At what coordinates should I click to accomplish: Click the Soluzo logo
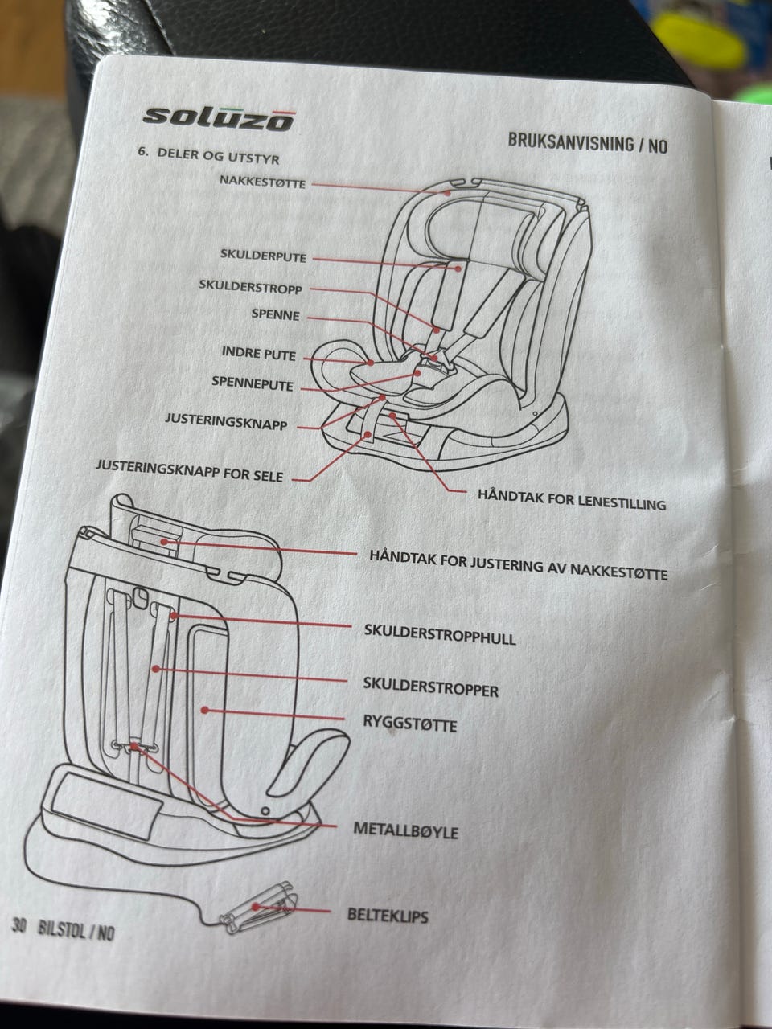218,116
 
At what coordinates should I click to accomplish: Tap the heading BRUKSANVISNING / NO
587,144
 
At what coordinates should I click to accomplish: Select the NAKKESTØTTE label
263,182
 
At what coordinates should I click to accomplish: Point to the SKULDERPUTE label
263,257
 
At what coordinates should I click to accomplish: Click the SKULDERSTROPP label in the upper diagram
250,286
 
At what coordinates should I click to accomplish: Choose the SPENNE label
275,315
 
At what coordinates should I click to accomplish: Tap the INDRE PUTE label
258,354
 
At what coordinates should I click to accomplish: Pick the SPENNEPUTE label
253,383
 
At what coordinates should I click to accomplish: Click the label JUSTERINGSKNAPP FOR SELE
189,470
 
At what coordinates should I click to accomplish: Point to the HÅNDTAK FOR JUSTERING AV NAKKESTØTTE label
519,564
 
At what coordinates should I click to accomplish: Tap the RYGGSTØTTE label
410,724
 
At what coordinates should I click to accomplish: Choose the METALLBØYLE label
405,830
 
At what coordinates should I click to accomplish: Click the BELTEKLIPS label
388,914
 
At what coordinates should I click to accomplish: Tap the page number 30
20,926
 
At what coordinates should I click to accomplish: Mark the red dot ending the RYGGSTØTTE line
205,710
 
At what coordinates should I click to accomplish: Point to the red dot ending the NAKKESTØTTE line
445,191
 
